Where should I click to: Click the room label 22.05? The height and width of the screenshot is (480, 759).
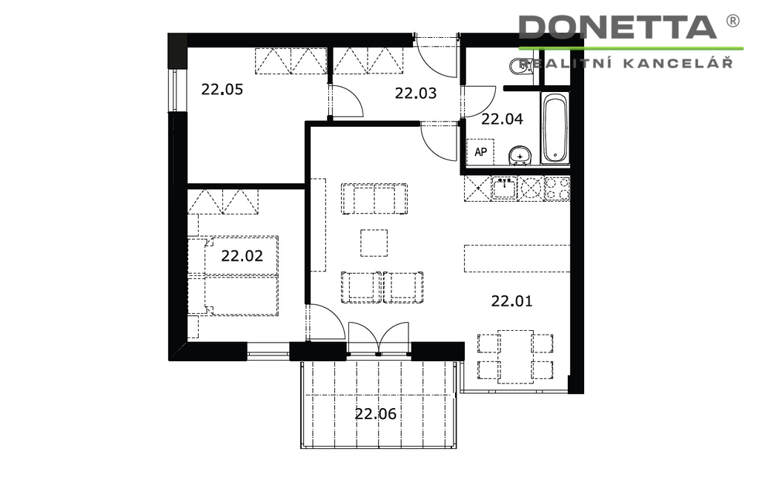(222, 89)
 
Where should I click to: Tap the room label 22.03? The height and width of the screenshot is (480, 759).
(415, 93)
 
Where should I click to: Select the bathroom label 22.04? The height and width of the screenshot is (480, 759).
(502, 119)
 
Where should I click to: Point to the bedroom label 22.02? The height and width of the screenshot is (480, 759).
(242, 255)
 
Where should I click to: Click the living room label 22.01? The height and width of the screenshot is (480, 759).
(511, 300)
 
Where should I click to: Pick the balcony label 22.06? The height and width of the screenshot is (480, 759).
(376, 414)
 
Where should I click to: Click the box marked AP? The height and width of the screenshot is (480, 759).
(480, 151)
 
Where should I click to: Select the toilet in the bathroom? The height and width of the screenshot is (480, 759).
(520, 67)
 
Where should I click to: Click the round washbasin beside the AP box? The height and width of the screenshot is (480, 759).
(520, 155)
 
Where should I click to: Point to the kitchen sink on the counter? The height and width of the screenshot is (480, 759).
(504, 188)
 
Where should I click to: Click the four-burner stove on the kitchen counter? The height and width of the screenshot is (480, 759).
(557, 188)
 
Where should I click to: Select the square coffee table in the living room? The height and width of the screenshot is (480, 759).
(374, 243)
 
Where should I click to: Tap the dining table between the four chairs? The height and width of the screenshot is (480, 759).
(516, 357)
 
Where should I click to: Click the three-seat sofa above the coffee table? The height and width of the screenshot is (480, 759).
(374, 199)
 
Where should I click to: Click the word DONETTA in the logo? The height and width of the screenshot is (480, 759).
(617, 27)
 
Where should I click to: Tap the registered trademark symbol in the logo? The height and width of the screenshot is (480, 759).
(733, 20)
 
